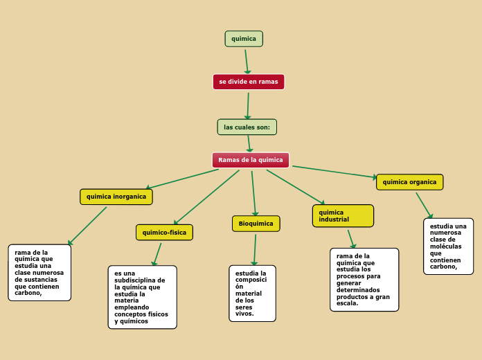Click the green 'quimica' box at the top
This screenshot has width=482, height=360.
coord(244,39)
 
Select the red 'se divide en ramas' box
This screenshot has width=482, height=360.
coord(249,82)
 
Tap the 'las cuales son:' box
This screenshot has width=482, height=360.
coord(247,127)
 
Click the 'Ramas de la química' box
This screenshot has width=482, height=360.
coord(251,160)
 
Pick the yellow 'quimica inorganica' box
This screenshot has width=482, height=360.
coord(116,197)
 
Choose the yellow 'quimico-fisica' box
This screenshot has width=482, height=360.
coord(164,233)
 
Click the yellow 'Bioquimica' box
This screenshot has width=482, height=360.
coord(256,224)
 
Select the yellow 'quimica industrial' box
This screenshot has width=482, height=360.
coord(343,216)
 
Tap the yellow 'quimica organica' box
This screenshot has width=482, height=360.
coord(410,182)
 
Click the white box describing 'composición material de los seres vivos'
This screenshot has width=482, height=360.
coord(252,294)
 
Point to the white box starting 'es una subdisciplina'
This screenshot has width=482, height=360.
coord(143,297)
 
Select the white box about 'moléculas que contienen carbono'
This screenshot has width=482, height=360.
coord(449,246)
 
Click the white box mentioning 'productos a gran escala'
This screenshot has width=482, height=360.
coord(364,280)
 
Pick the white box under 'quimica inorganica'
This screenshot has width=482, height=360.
coord(39,273)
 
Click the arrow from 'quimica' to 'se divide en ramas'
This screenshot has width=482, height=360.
coord(247,62)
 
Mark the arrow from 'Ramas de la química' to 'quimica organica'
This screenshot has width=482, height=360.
coord(334,172)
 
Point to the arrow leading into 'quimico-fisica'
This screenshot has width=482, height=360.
coord(206,197)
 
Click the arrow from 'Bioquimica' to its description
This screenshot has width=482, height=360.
coord(255,250)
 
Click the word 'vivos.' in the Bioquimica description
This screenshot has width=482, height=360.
coord(244,314)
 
